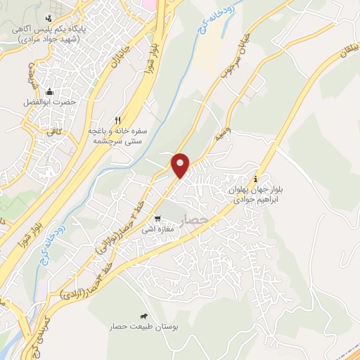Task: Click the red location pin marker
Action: (181, 165)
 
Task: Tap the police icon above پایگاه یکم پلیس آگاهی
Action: (48, 18)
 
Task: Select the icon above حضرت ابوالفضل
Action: (50, 91)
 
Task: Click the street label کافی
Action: (55, 131)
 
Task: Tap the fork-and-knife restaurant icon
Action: (119, 120)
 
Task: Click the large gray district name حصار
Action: (195, 221)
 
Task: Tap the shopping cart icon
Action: (159, 219)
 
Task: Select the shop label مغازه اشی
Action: (155, 229)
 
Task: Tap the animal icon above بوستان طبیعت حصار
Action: (145, 316)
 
